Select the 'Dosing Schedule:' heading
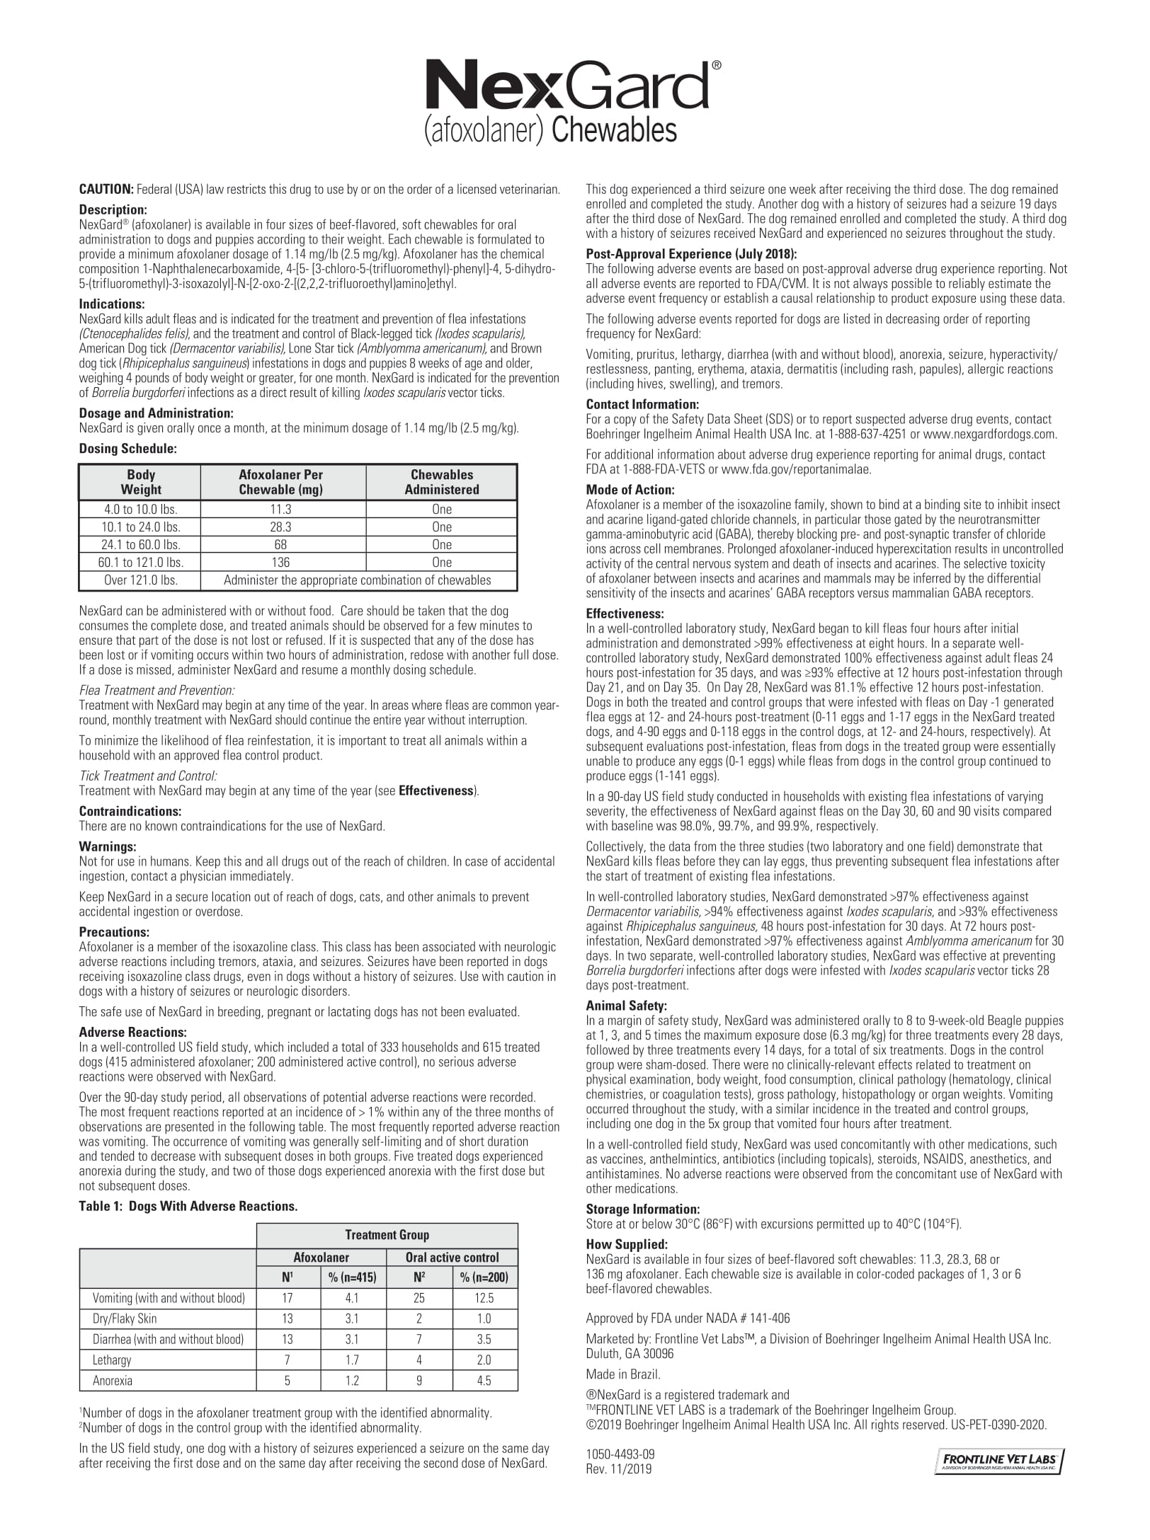127,449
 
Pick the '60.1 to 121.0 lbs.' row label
140,563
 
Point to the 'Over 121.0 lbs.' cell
140,580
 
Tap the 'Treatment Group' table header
387,1235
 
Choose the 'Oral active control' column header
452,1258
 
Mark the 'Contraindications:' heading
130,811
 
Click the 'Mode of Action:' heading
630,490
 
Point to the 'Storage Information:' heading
642,1209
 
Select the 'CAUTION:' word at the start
106,190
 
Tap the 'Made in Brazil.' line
622,1374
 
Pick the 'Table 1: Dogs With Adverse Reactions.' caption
188,1207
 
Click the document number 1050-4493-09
620,1454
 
